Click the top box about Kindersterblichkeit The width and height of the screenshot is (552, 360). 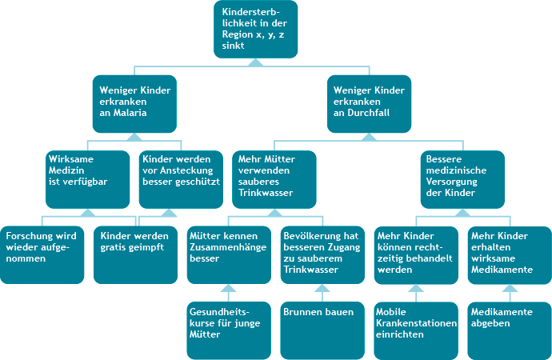255,29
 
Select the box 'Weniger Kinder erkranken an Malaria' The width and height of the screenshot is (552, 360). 134,104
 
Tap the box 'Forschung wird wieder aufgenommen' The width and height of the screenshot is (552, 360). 42,254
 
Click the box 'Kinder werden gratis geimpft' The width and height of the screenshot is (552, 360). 134,254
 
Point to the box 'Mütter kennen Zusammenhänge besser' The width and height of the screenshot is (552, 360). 229,254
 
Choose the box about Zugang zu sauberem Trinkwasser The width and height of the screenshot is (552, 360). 322,254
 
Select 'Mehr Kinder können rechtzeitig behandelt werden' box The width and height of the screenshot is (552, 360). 416,254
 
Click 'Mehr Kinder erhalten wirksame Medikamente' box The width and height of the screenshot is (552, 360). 509,254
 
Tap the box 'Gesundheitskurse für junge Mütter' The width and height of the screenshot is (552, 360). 229,329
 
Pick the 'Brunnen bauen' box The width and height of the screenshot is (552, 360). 322,329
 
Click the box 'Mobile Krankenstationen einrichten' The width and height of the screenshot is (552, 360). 416,329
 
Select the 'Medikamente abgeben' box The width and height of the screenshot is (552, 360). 509,329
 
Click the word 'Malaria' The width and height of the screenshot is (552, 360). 132,114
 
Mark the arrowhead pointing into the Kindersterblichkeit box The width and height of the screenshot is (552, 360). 255,61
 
